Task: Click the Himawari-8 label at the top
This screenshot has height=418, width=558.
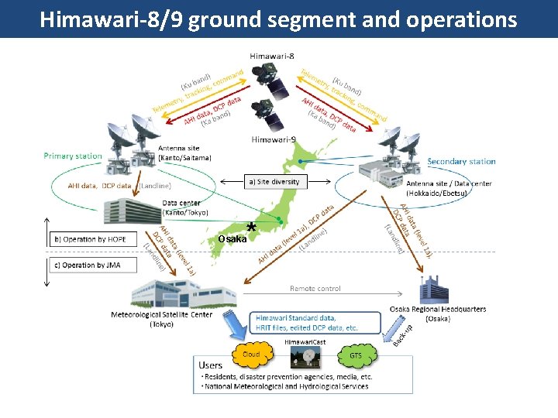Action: (x=272, y=56)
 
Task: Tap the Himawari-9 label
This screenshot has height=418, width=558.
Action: (x=272, y=139)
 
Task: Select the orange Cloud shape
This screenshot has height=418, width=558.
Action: (x=252, y=355)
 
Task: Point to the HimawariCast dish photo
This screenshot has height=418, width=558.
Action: (x=304, y=357)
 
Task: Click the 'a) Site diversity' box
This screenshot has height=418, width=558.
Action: (x=275, y=181)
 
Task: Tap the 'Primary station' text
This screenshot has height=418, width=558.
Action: (x=73, y=156)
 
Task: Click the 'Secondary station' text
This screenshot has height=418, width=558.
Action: (x=461, y=161)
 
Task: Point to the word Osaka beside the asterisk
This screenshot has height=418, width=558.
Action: (x=232, y=239)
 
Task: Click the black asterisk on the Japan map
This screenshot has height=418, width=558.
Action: (x=251, y=228)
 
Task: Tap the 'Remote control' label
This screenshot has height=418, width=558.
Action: (x=315, y=289)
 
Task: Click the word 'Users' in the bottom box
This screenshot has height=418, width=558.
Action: (x=211, y=365)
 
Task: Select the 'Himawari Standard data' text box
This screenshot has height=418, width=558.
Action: (x=318, y=323)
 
